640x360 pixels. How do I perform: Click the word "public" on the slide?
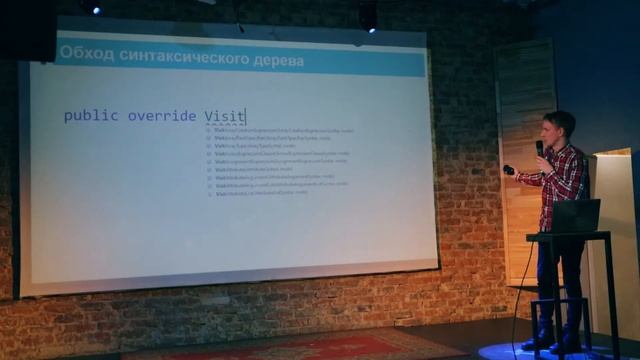pyautogui.click(x=90, y=116)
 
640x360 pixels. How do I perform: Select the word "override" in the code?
pyautogui.click(x=161, y=116)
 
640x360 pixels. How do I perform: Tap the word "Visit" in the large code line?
pyautogui.click(x=224, y=116)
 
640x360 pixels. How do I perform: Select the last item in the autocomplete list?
pyautogui.click(x=262, y=192)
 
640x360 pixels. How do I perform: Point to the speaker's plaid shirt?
pyautogui.click(x=562, y=180)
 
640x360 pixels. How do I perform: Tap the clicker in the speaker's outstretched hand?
pyautogui.click(x=509, y=170)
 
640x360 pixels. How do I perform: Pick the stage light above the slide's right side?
pyautogui.click(x=368, y=15)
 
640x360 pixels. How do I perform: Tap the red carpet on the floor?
pyautogui.click(x=300, y=346)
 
